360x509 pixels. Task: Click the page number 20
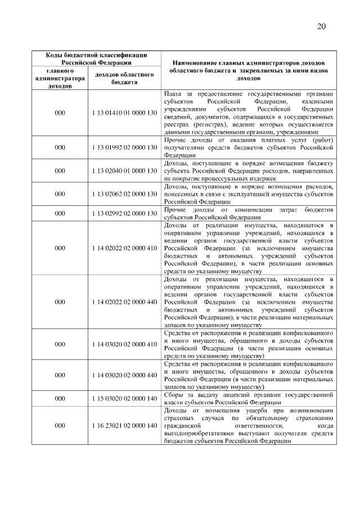point(321,26)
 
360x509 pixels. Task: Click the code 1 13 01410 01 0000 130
point(124,113)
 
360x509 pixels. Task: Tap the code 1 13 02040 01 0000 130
point(124,170)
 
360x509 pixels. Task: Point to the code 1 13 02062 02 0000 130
point(124,193)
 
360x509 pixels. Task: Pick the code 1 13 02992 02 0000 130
point(124,214)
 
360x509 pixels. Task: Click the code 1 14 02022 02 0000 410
point(124,247)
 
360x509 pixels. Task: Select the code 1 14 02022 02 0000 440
point(124,301)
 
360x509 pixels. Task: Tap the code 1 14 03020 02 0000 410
point(124,344)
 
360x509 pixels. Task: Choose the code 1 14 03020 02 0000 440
point(124,375)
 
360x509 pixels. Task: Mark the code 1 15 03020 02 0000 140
point(124,398)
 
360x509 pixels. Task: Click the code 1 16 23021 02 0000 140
point(124,425)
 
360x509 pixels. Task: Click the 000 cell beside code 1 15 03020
point(60,398)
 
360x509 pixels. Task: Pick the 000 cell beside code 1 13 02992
point(60,214)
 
